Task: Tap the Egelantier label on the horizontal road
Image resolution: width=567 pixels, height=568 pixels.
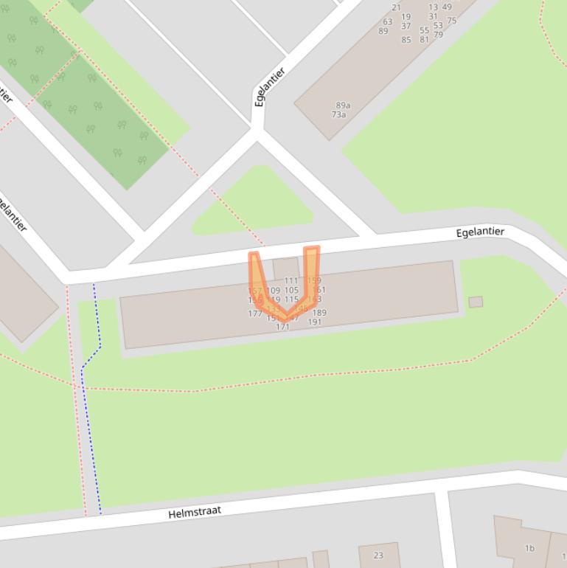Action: coord(480,232)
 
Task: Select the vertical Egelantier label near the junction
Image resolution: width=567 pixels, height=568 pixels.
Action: coord(270,88)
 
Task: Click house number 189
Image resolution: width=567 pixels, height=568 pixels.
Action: coord(319,313)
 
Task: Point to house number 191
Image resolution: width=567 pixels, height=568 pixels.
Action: coord(315,322)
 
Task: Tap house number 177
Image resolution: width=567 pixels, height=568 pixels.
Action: coord(255,314)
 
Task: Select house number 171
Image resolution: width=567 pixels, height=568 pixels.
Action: coord(282,327)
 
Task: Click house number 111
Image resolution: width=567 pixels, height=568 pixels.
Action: coord(291,280)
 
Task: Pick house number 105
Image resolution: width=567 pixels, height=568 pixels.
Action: coord(291,291)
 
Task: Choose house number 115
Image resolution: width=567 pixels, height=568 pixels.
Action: coord(291,300)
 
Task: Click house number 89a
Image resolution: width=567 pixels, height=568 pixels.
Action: coord(343,105)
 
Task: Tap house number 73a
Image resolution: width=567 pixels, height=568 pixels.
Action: coord(338,114)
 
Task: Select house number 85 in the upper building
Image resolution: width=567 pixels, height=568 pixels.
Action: coord(406,40)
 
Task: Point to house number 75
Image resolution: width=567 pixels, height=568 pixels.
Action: coord(452,21)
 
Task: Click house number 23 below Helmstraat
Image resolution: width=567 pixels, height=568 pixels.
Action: coord(378,555)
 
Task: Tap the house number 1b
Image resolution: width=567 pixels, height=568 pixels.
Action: coord(529,548)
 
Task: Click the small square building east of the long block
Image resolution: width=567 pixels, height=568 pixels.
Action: coord(476,302)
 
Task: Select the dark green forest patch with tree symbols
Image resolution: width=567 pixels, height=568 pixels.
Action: coord(88,103)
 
